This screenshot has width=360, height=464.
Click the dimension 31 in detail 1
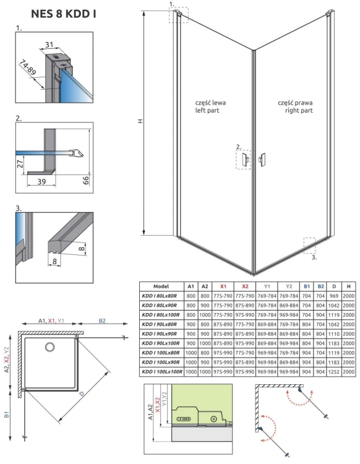tap(49, 44)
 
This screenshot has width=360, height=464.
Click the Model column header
tap(161, 286)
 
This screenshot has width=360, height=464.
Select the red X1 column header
tap(223, 286)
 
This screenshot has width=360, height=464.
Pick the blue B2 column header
tap(320, 286)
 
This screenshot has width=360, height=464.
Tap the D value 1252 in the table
tap(335, 371)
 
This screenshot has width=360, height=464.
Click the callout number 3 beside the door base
tap(314, 257)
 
